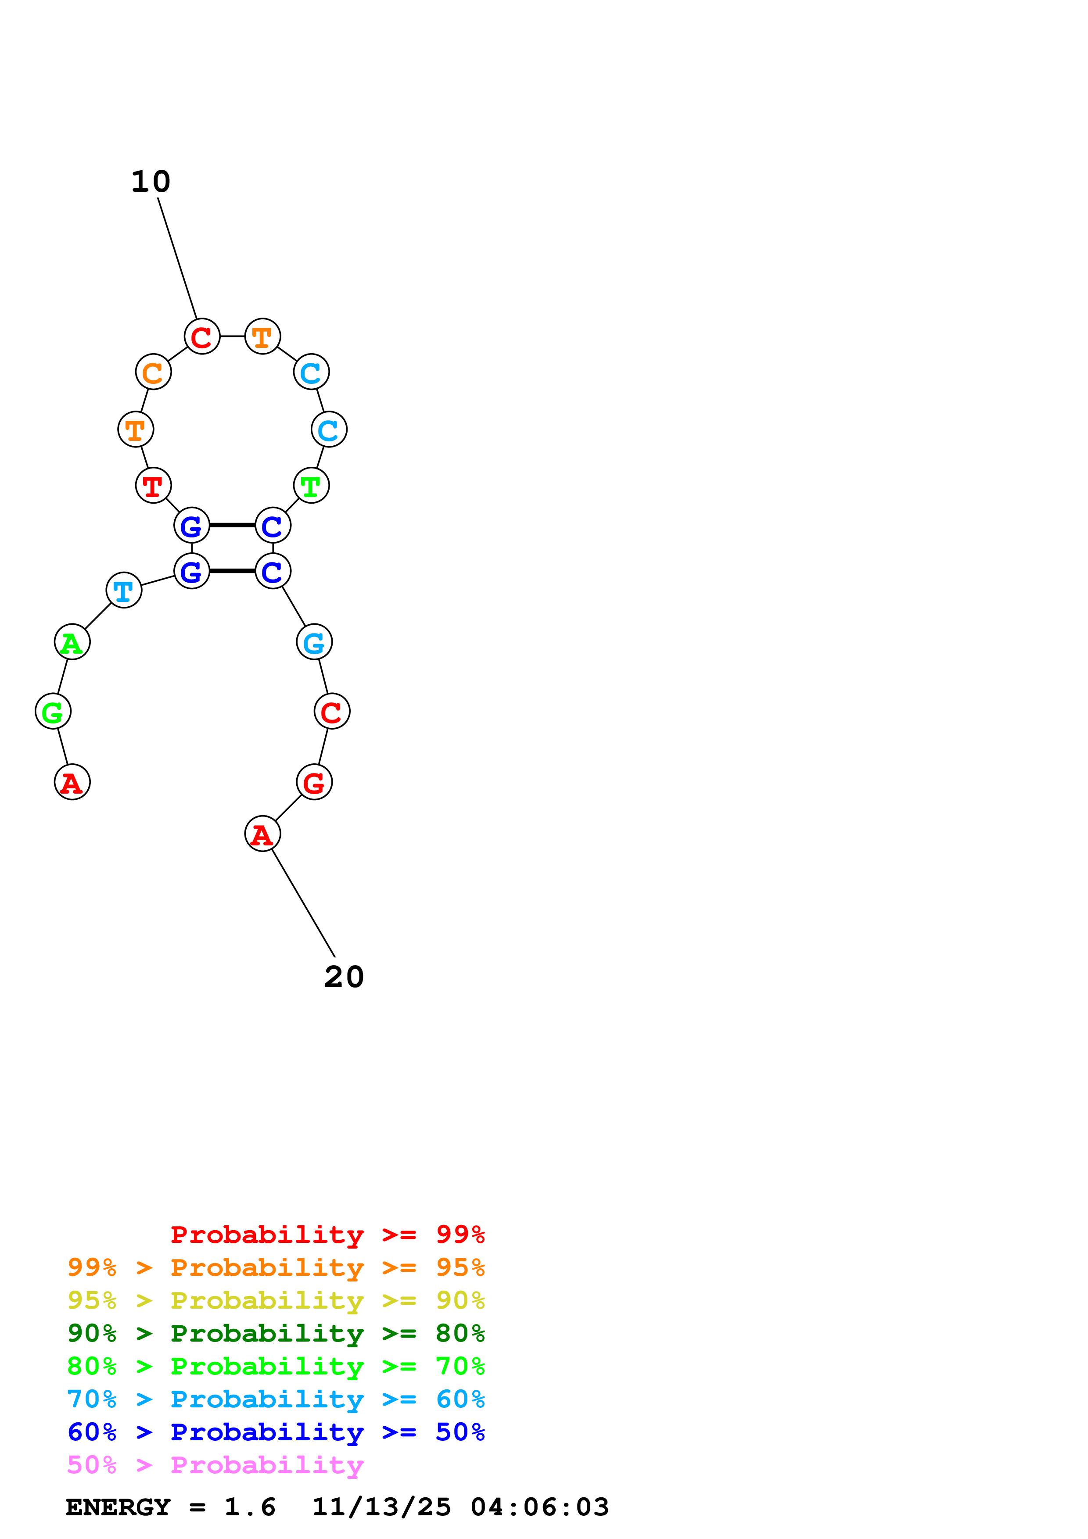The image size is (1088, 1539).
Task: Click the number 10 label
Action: [x=151, y=182]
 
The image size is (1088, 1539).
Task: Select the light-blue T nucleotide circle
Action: [x=124, y=590]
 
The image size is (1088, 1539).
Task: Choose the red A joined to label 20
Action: [x=263, y=834]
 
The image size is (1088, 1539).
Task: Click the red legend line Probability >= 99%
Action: [x=327, y=1234]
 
